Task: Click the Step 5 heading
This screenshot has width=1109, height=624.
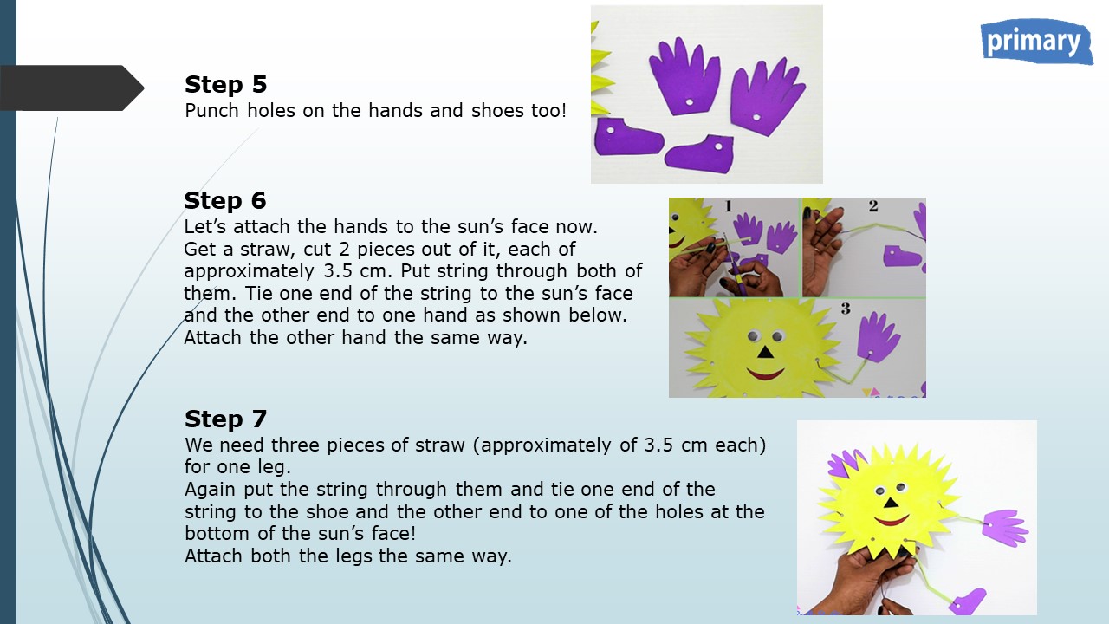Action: [226, 84]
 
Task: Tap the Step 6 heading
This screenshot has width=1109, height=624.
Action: [225, 200]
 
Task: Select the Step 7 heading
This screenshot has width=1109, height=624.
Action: [226, 419]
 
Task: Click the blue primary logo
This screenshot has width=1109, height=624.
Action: [1036, 42]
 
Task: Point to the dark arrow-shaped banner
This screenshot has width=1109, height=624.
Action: [72, 88]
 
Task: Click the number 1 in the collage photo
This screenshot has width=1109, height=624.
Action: [729, 205]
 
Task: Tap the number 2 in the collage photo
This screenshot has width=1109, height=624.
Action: [873, 205]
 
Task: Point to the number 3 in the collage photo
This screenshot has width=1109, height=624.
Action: [846, 309]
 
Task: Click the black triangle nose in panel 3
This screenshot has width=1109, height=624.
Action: [765, 352]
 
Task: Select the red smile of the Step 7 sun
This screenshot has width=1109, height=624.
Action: [892, 521]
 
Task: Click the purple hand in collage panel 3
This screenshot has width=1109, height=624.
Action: [878, 337]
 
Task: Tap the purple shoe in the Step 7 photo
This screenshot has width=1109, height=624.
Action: [968, 601]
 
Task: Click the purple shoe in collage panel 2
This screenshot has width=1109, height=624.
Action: [902, 256]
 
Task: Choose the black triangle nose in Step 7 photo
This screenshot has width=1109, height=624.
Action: [892, 504]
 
